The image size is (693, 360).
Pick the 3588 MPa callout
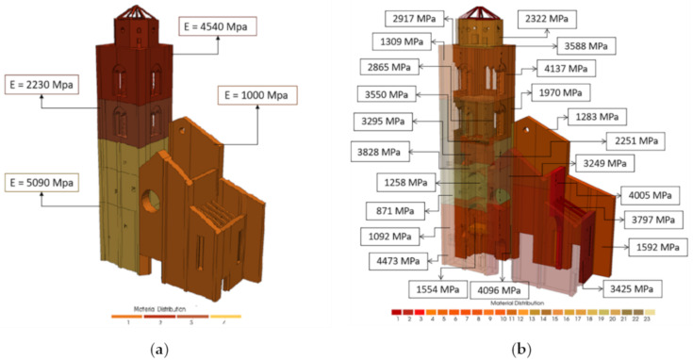(586, 45)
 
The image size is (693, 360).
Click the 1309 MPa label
(397, 41)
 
